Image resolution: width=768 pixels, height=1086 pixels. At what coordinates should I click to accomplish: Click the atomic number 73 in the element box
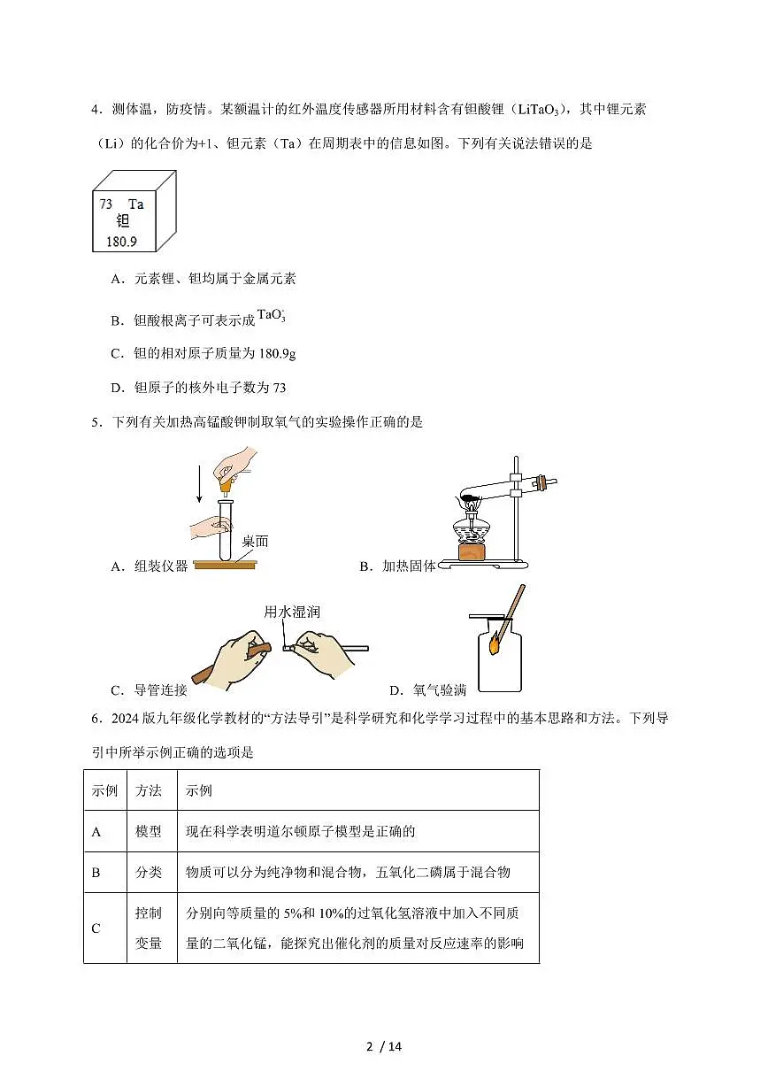coord(106,204)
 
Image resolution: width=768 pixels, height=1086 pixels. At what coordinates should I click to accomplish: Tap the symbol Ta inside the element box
coord(135,204)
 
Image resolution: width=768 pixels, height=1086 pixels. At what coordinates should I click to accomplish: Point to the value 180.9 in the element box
coord(121,241)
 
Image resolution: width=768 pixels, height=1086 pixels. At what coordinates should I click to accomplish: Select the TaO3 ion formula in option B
coord(272,316)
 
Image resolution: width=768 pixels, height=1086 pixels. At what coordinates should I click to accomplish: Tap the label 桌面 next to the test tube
coord(255,541)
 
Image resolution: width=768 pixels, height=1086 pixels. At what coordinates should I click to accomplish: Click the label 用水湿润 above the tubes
coord(288,612)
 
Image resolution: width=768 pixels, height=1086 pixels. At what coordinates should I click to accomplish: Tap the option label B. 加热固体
coord(397,566)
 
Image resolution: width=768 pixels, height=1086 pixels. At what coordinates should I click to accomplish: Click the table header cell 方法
coord(149,790)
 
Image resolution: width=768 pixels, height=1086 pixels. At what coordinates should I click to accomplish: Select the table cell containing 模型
coord(149,831)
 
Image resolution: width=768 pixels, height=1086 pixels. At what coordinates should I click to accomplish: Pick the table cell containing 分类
coord(149,872)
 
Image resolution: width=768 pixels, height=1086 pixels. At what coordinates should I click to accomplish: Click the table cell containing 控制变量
coord(149,928)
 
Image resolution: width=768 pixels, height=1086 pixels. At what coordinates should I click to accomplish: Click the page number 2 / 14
coord(384,1047)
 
